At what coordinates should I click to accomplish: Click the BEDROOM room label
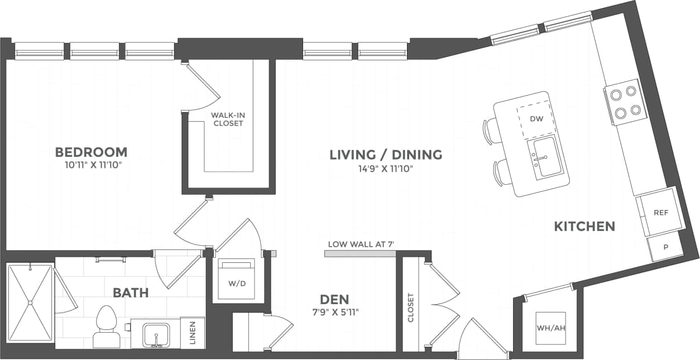(x=91, y=152)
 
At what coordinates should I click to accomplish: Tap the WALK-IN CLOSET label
(x=228, y=119)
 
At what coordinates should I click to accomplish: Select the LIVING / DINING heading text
(x=386, y=155)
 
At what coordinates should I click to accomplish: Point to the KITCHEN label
(x=584, y=226)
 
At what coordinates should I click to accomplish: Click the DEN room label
(x=335, y=299)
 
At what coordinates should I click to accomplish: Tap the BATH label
(x=131, y=292)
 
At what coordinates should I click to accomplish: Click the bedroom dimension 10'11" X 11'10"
(x=91, y=165)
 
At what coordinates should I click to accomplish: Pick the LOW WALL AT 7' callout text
(x=361, y=244)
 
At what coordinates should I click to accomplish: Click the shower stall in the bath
(x=30, y=303)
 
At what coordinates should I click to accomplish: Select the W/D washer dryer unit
(x=236, y=279)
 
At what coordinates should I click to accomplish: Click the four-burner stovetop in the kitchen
(x=624, y=102)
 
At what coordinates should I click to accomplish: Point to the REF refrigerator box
(x=660, y=213)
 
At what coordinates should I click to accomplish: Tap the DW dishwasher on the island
(x=536, y=119)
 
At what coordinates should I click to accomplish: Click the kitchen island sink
(x=544, y=158)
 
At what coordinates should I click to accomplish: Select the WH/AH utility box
(x=550, y=328)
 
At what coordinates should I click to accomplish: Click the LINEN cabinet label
(x=193, y=333)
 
